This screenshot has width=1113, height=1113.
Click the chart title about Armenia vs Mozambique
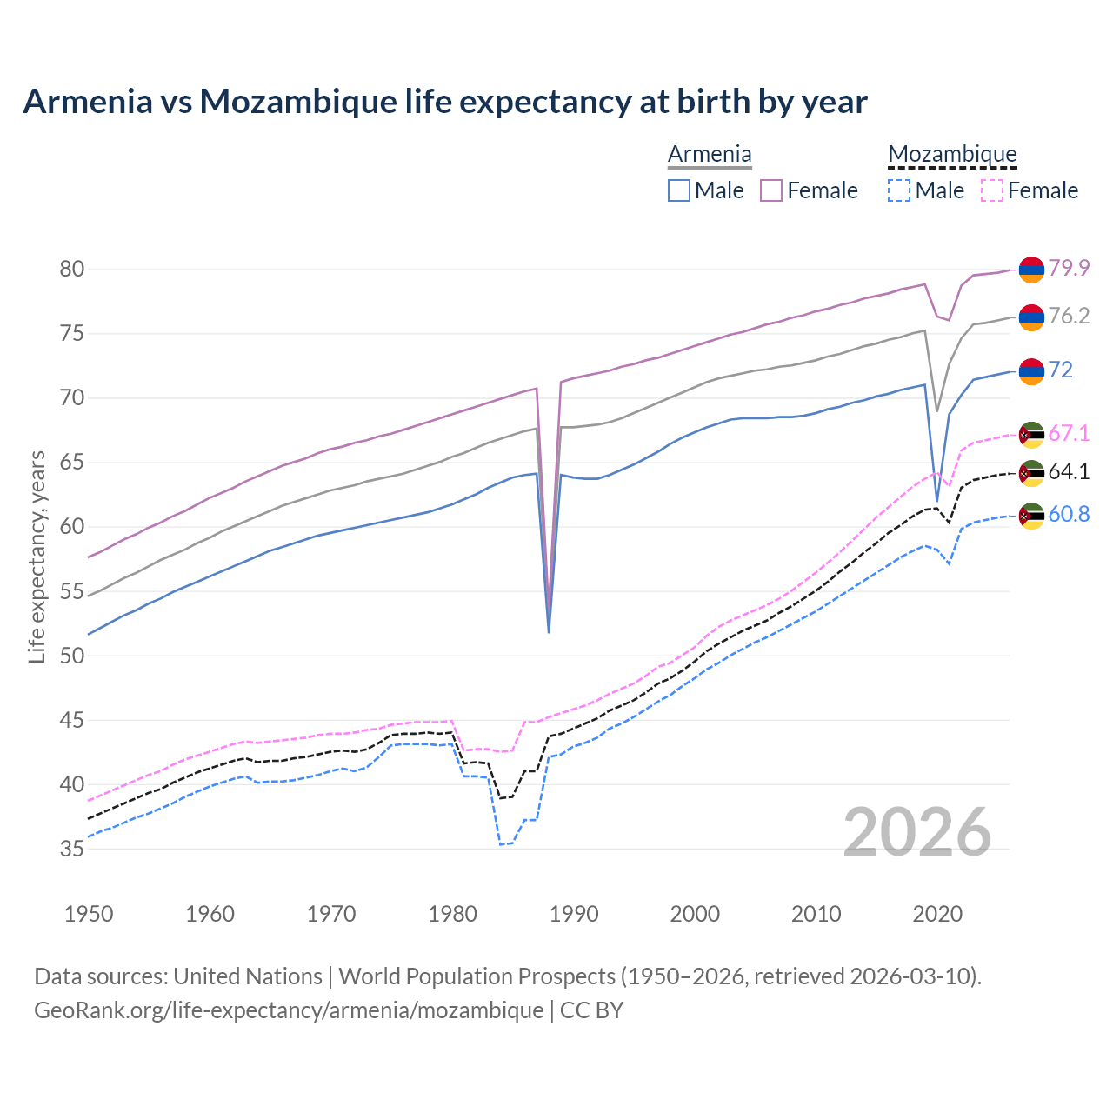point(444,102)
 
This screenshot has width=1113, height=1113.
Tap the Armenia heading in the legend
point(710,155)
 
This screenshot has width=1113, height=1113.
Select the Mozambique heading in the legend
point(952,155)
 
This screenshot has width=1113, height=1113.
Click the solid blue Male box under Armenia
point(679,190)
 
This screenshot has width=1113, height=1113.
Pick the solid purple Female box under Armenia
point(771,190)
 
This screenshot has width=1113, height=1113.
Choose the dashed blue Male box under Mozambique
point(899,190)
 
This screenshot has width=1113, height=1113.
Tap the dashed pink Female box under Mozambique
point(992,190)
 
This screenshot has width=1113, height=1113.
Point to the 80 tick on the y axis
point(72,270)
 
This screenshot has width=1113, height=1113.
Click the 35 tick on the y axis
point(72,849)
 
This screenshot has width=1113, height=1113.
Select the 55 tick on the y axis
point(72,591)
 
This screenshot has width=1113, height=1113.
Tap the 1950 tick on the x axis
point(89,914)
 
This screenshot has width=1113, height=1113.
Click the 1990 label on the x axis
point(574,914)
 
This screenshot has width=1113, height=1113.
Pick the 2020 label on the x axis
point(937,914)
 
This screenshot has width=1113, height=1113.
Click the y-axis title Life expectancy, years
point(37,556)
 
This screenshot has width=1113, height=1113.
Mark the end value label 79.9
point(1069,269)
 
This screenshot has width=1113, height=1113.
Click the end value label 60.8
point(1069,515)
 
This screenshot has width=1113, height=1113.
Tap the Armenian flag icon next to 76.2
point(1031,317)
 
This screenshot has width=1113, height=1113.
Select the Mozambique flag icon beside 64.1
point(1031,473)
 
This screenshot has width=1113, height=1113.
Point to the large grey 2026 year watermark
point(917,832)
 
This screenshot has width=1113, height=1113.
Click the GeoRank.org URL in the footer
point(289,1010)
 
